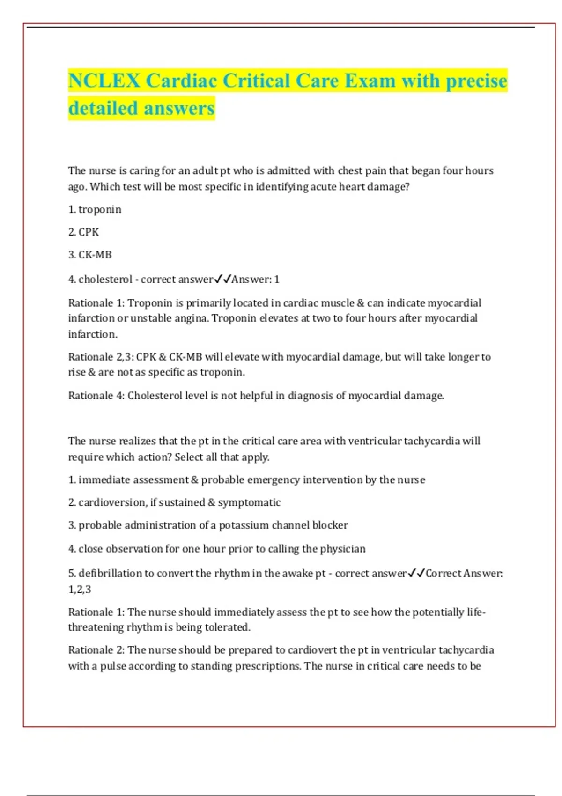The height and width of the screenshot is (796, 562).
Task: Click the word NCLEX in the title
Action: (x=104, y=81)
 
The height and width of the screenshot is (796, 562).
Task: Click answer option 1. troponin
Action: (x=95, y=209)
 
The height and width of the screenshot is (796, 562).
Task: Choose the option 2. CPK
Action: (x=84, y=232)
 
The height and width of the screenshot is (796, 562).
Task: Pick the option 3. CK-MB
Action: (x=90, y=255)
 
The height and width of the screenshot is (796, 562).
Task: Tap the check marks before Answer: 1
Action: (x=222, y=280)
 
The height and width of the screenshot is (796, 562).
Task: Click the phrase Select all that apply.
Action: (x=222, y=457)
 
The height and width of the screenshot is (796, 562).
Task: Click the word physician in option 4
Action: (x=343, y=549)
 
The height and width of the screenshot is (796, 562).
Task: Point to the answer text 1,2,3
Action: (x=80, y=590)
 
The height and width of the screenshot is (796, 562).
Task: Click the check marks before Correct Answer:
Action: (x=416, y=574)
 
